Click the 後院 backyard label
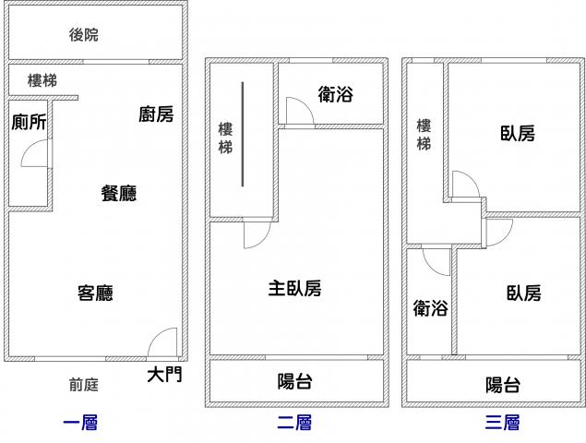[x=83, y=35]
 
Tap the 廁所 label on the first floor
[x=30, y=121]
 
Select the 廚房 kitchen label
[x=156, y=114]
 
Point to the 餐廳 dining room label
[x=119, y=193]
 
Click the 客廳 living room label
[x=95, y=293]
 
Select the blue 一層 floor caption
[x=79, y=424]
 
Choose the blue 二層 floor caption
[x=293, y=424]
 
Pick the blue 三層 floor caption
[x=502, y=424]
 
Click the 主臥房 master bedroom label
[x=294, y=289]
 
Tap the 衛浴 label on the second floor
[x=336, y=94]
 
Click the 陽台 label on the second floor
[x=295, y=381]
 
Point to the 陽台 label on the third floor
[x=502, y=385]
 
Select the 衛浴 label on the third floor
[x=430, y=308]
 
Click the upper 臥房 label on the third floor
[x=518, y=134]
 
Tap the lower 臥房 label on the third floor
[x=523, y=293]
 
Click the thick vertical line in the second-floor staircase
[x=244, y=134]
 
